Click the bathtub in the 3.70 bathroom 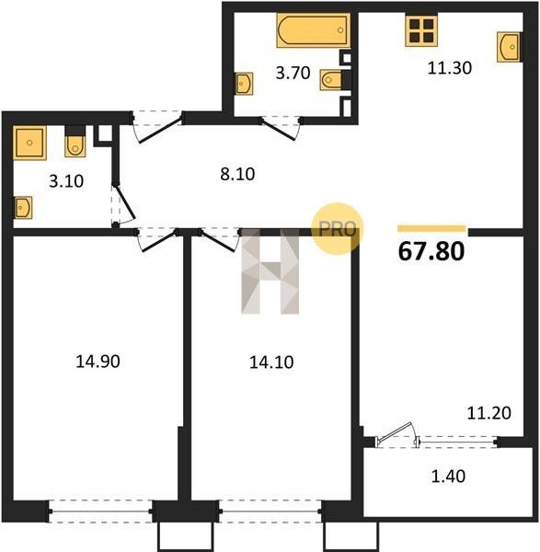click(x=314, y=30)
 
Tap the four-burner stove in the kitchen click(x=421, y=31)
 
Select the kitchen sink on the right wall click(x=509, y=47)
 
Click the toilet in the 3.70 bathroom click(x=330, y=80)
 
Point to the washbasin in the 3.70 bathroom click(x=244, y=84)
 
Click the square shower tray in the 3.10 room click(x=29, y=143)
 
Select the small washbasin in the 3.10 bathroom click(x=23, y=208)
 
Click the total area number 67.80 click(x=431, y=251)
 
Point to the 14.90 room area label click(x=98, y=362)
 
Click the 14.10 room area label click(x=271, y=362)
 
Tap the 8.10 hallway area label click(x=237, y=174)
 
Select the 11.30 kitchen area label click(x=450, y=68)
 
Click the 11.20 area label click(x=489, y=413)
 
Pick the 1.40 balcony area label click(x=449, y=476)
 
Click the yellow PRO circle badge click(x=338, y=229)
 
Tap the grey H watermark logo click(x=270, y=271)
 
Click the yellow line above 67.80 click(x=431, y=229)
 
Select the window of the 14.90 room click(x=100, y=512)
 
